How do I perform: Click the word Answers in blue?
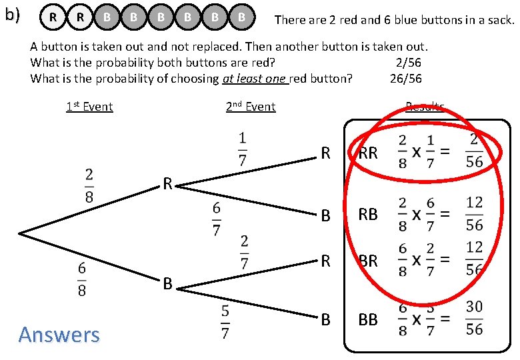(x=59, y=334)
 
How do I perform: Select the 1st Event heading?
(x=89, y=107)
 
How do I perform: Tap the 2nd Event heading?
(x=250, y=107)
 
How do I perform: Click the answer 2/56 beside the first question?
(x=408, y=63)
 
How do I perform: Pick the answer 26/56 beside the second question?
(x=405, y=79)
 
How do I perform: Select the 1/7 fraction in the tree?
(x=242, y=149)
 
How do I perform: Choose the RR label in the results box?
(x=368, y=153)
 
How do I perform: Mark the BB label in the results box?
(x=368, y=320)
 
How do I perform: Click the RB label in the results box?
(x=368, y=215)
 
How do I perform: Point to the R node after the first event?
(x=169, y=184)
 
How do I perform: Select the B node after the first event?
(x=168, y=285)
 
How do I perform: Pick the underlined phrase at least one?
(x=255, y=79)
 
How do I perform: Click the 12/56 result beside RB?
(x=474, y=215)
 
